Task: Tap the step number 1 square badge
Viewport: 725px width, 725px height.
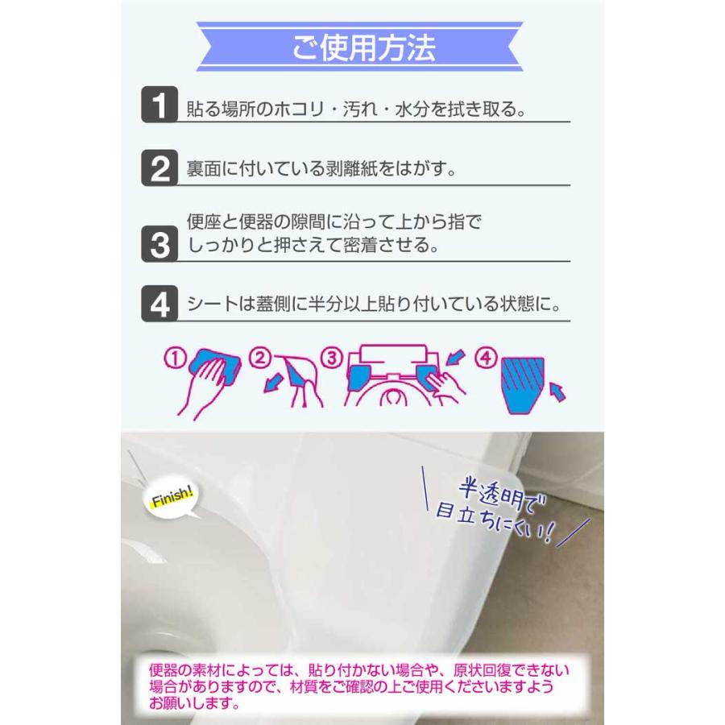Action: click(x=159, y=105)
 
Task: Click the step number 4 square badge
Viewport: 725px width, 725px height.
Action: click(x=159, y=304)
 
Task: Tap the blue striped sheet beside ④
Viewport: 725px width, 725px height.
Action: click(x=525, y=383)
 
